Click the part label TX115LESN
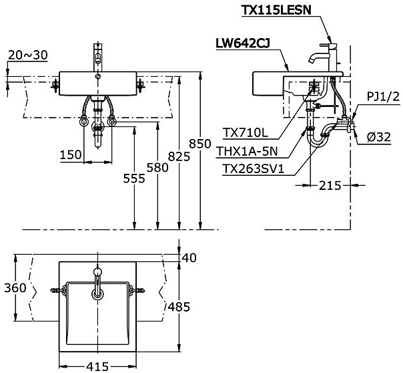tap(276, 10)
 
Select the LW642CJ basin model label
tap(243, 43)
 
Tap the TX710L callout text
tap(246, 133)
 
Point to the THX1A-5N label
tap(248, 151)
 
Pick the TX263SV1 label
tap(253, 169)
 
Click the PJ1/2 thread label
tap(383, 97)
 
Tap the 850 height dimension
tap(200, 144)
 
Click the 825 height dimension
tap(179, 156)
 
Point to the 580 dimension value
tap(157, 168)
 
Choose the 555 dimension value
tap(134, 178)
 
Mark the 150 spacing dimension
tap(71, 154)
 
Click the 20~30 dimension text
tap(28, 55)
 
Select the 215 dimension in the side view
tap(330, 185)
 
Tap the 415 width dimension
tap(97, 366)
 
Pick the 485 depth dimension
tap(179, 307)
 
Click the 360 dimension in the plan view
tap(15, 288)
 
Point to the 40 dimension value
tap(189, 257)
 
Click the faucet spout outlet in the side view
tap(311, 61)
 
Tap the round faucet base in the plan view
tap(97, 271)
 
